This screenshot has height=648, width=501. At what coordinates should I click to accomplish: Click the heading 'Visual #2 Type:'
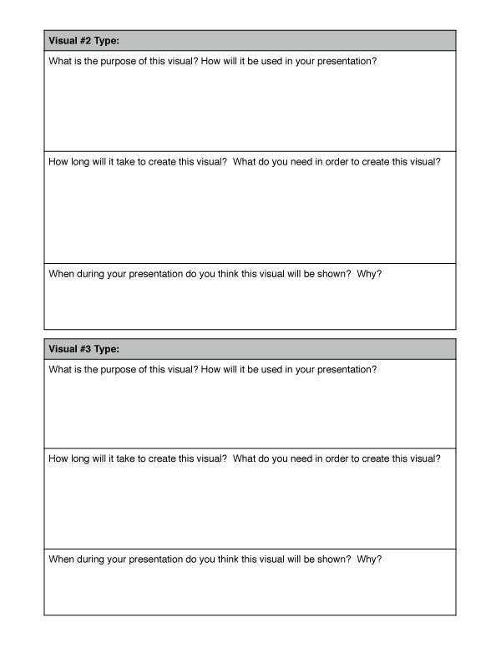click(84, 40)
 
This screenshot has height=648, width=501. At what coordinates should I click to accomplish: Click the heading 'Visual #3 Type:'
click(84, 349)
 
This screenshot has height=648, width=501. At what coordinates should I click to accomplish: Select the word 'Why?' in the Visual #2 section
click(369, 274)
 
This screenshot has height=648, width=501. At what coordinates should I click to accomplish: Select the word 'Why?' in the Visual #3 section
click(369, 559)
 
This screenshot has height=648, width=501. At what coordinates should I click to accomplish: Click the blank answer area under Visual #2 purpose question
click(250, 109)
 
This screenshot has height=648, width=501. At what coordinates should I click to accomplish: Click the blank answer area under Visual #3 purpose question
click(250, 409)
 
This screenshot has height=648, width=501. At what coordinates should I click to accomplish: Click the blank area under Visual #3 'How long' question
click(250, 505)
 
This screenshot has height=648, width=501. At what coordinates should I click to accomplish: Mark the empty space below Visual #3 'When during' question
click(250, 589)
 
